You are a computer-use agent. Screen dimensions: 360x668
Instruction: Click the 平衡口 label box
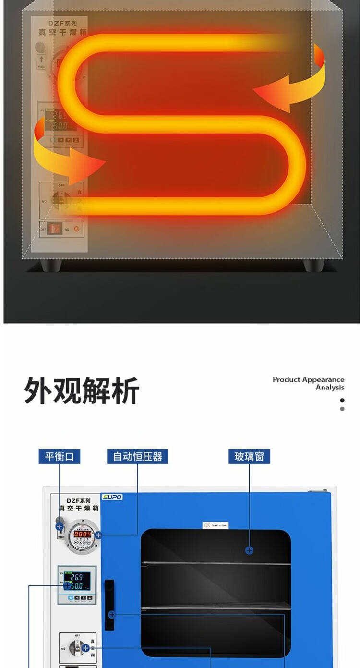click(60, 456)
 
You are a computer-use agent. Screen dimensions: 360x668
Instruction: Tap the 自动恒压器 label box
click(138, 456)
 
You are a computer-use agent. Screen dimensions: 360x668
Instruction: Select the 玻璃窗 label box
click(249, 456)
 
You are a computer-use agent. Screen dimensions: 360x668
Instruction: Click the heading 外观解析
click(82, 390)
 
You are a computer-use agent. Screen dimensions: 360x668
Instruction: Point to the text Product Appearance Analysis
click(308, 383)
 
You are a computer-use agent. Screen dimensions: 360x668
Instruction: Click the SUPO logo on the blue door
click(112, 497)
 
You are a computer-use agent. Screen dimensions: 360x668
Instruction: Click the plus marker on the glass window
click(249, 550)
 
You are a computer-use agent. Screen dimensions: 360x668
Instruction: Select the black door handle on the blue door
click(109, 605)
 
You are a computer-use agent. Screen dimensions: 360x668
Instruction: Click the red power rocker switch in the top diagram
click(55, 229)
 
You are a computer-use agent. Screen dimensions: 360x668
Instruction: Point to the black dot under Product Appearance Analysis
click(342, 400)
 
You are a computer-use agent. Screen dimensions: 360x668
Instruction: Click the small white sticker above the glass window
click(216, 525)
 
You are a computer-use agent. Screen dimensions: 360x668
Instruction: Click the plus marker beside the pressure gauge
click(98, 535)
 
